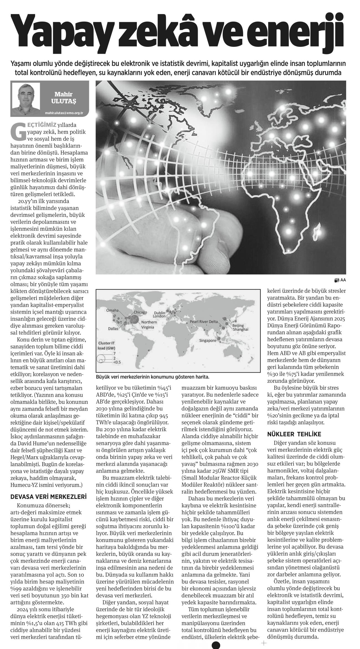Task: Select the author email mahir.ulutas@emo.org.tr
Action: pos(64,113)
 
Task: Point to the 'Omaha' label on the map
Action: pos(112,311)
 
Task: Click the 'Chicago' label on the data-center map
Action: pos(140,312)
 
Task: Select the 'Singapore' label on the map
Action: pos(207,340)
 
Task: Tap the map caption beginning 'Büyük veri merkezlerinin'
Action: pos(153,377)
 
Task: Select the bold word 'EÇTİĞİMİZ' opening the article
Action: pos(40,125)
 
